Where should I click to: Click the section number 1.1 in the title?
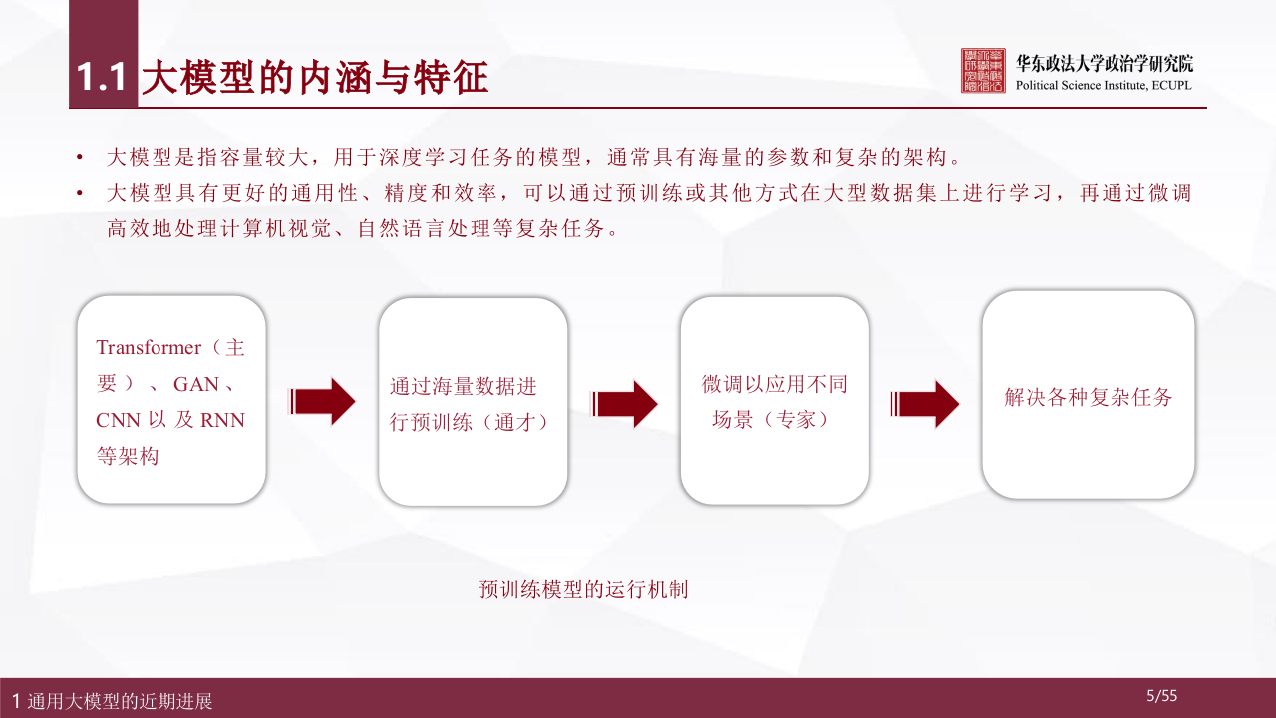104,78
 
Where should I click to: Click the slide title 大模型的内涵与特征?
315,78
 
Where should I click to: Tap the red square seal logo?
983,70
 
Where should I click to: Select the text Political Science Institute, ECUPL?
1103,85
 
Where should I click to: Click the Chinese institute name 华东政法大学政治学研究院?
1104,63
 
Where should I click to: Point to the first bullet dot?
80,158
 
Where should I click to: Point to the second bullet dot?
80,194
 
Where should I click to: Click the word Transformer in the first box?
149,347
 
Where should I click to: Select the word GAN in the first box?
196,384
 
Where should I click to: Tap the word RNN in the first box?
222,420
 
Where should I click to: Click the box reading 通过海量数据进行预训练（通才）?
473,402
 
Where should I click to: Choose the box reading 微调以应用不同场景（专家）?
775,401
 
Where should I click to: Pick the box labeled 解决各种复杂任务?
1089,396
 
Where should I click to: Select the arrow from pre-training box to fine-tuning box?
625,403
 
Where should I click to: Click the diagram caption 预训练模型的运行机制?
583,589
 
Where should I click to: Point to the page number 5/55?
1162,696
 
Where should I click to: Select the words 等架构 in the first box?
127,456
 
